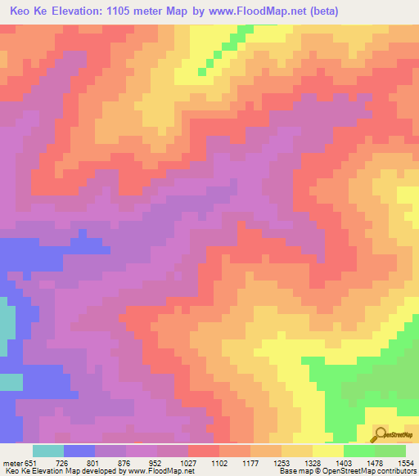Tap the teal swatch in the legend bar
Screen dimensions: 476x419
pyautogui.click(x=48, y=451)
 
